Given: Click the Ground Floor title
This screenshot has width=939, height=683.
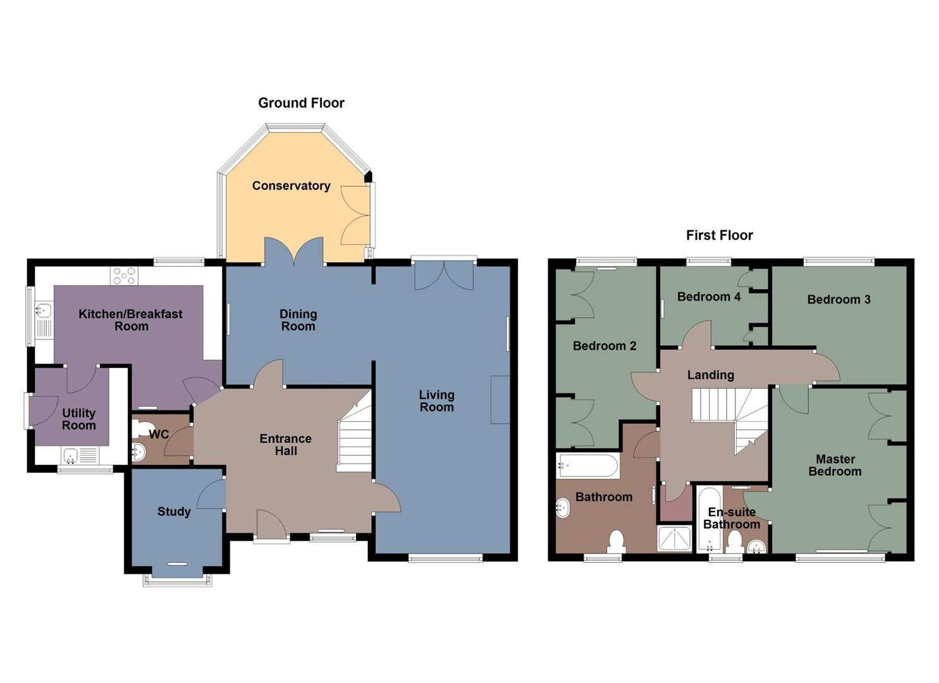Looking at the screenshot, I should [x=301, y=103].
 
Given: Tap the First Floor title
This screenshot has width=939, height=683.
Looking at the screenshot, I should [x=719, y=235].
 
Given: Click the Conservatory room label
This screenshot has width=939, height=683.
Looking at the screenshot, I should [x=291, y=186].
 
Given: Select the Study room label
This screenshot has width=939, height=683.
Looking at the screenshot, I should [x=174, y=512].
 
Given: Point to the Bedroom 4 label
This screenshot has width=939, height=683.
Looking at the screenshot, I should [x=708, y=297].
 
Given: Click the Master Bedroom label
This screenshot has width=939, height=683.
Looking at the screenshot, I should [x=835, y=465].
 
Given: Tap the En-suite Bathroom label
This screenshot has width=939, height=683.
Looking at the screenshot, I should [x=732, y=518].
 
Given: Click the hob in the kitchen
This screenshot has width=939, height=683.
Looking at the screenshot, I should [x=124, y=276].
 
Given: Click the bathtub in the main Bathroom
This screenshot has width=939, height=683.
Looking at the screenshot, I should [x=587, y=467].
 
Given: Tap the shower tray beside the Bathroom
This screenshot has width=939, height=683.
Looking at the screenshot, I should [x=675, y=538].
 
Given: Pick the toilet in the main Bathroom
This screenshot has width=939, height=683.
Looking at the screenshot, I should [x=616, y=542].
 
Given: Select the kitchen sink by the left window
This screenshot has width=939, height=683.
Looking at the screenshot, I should [x=44, y=311].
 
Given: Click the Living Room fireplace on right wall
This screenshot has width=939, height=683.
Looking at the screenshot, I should [x=500, y=400].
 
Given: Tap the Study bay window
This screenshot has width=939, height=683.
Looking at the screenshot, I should [x=176, y=579].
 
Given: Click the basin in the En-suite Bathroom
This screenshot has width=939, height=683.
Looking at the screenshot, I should [x=757, y=546].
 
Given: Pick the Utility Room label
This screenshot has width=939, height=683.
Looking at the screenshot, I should [x=79, y=419].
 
